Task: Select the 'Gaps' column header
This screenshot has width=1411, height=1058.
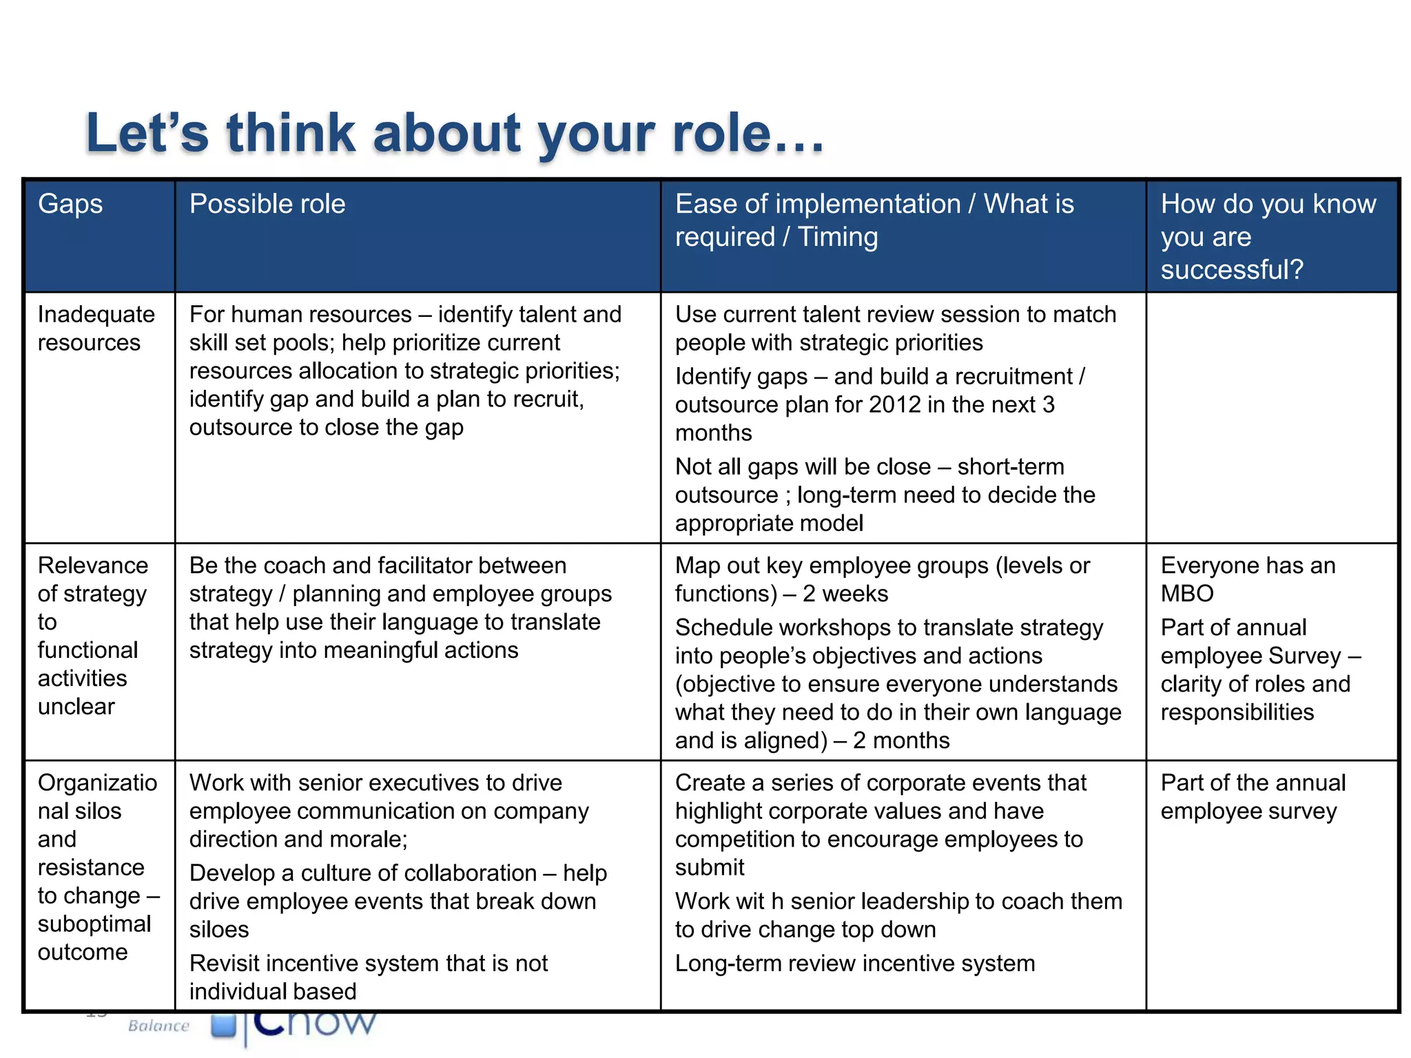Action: point(70,204)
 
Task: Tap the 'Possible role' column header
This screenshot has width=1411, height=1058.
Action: point(267,204)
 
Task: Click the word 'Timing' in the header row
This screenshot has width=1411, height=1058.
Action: point(838,237)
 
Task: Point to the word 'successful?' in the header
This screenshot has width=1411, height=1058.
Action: point(1232,269)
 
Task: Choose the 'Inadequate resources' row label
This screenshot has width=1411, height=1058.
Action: point(96,329)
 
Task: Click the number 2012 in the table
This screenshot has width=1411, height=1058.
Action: point(895,404)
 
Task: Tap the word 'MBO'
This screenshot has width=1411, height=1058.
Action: point(1187,594)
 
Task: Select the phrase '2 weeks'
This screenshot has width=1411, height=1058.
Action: point(845,594)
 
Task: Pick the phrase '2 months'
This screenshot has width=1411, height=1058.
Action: point(901,740)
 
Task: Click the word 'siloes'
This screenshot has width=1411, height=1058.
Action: point(219,930)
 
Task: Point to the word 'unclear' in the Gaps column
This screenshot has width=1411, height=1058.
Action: point(76,707)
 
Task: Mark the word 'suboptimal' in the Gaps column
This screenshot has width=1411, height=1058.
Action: point(94,924)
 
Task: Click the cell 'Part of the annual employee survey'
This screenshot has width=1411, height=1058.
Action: point(1253,797)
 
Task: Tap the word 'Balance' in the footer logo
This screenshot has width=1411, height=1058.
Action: point(158,1026)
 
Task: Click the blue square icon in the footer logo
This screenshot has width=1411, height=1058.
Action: point(223,1024)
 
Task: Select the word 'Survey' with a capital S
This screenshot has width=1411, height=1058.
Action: point(1307,656)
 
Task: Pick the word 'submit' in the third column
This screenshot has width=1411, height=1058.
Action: point(710,868)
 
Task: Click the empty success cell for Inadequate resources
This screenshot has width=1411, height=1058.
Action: point(1272,417)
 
